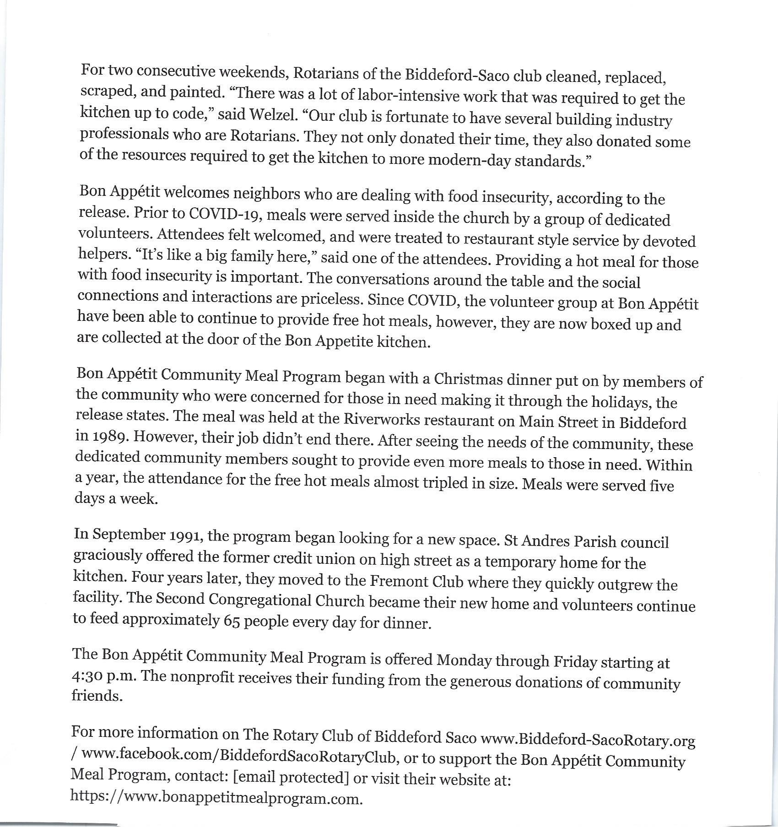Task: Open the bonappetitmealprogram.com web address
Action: pos(216,798)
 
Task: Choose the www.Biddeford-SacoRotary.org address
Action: pos(589,740)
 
